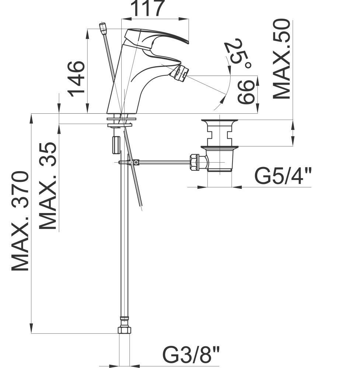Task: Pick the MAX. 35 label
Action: tap(48, 186)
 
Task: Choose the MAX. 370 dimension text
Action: tap(21, 221)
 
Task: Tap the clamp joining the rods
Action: tap(136, 162)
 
